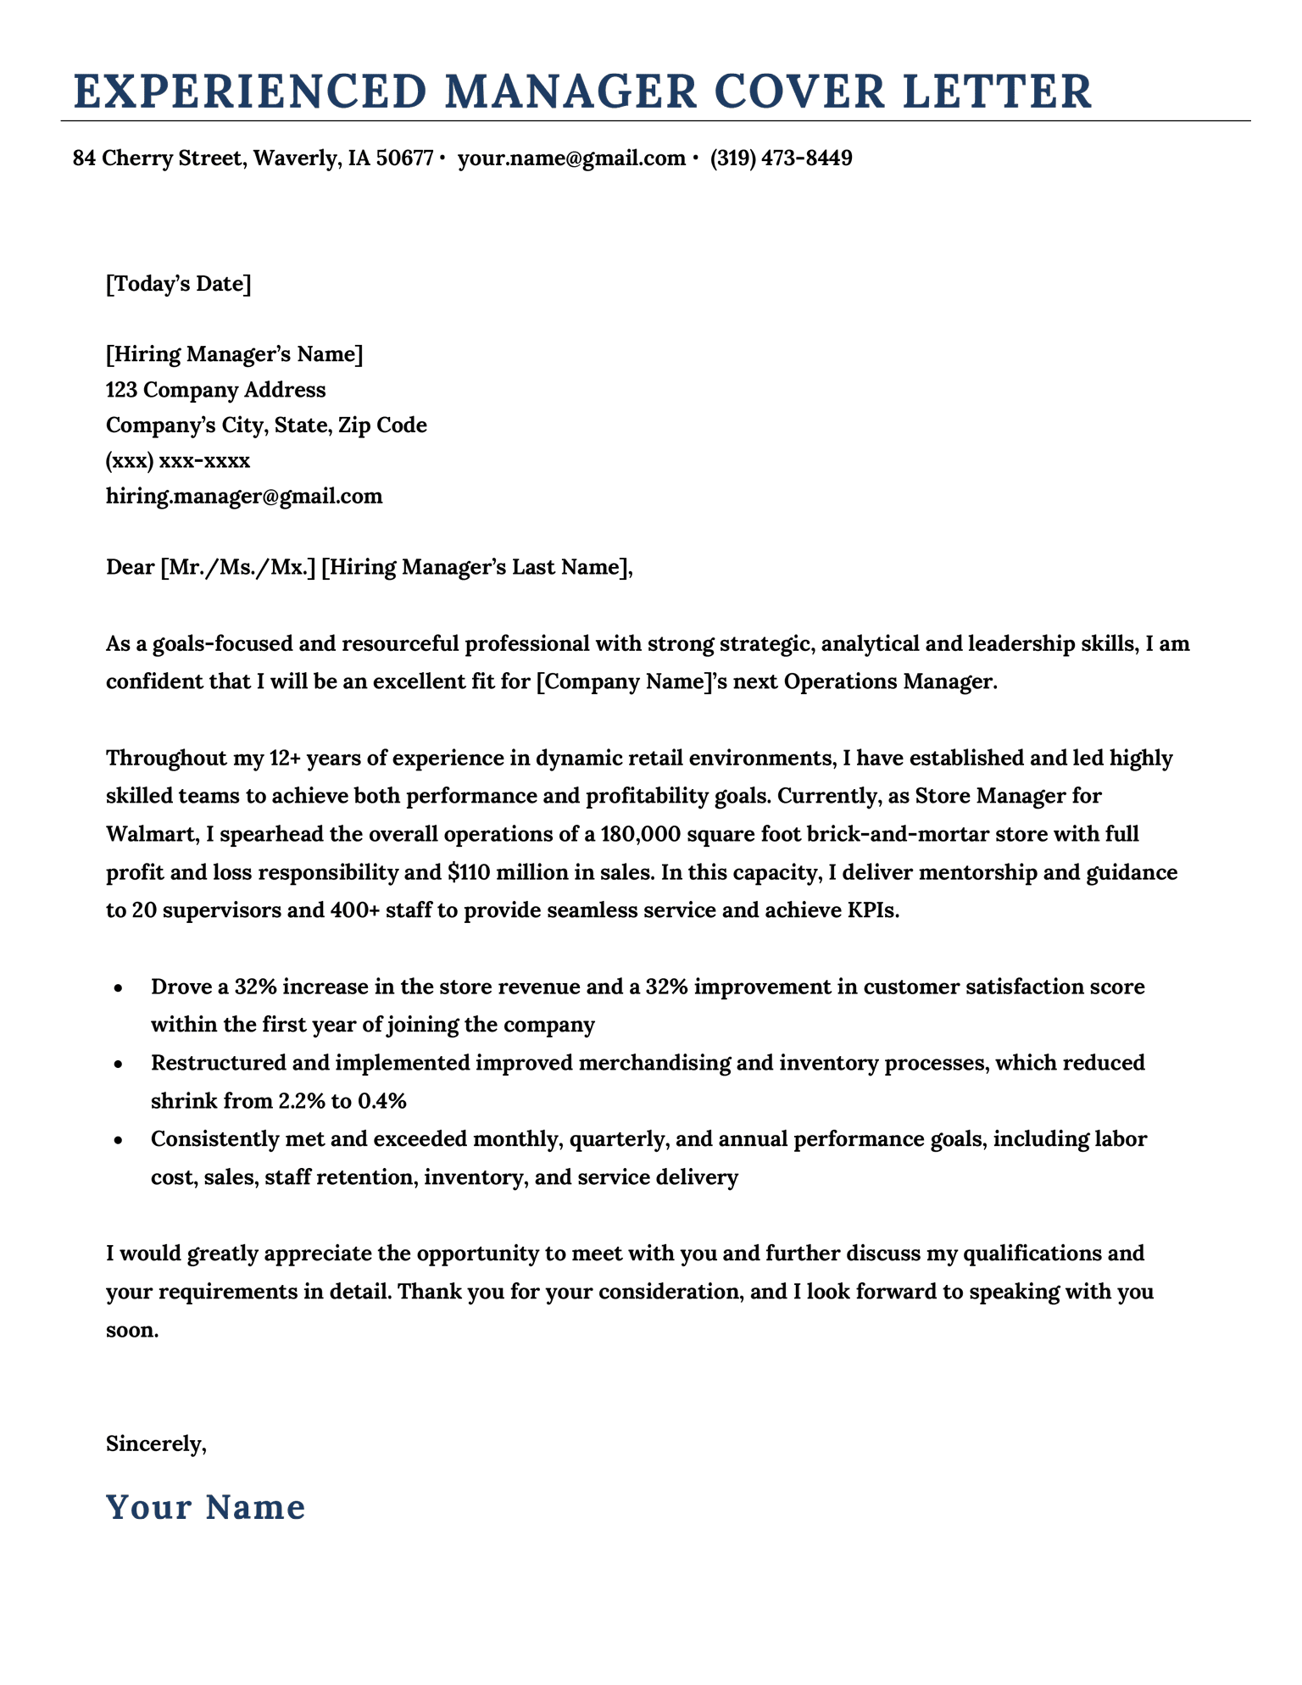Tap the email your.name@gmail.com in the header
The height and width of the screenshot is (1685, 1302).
[570, 158]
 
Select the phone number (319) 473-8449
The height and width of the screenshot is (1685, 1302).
[781, 158]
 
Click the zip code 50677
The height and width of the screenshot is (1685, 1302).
[404, 158]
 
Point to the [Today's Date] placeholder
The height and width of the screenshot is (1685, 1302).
[178, 283]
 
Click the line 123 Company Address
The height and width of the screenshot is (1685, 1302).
[215, 390]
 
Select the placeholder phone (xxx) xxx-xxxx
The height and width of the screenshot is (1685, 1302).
[178, 461]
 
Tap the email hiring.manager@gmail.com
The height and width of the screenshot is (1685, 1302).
[244, 496]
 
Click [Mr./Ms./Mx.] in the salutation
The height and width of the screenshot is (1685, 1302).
[237, 567]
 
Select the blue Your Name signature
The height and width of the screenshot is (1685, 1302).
[205, 1507]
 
